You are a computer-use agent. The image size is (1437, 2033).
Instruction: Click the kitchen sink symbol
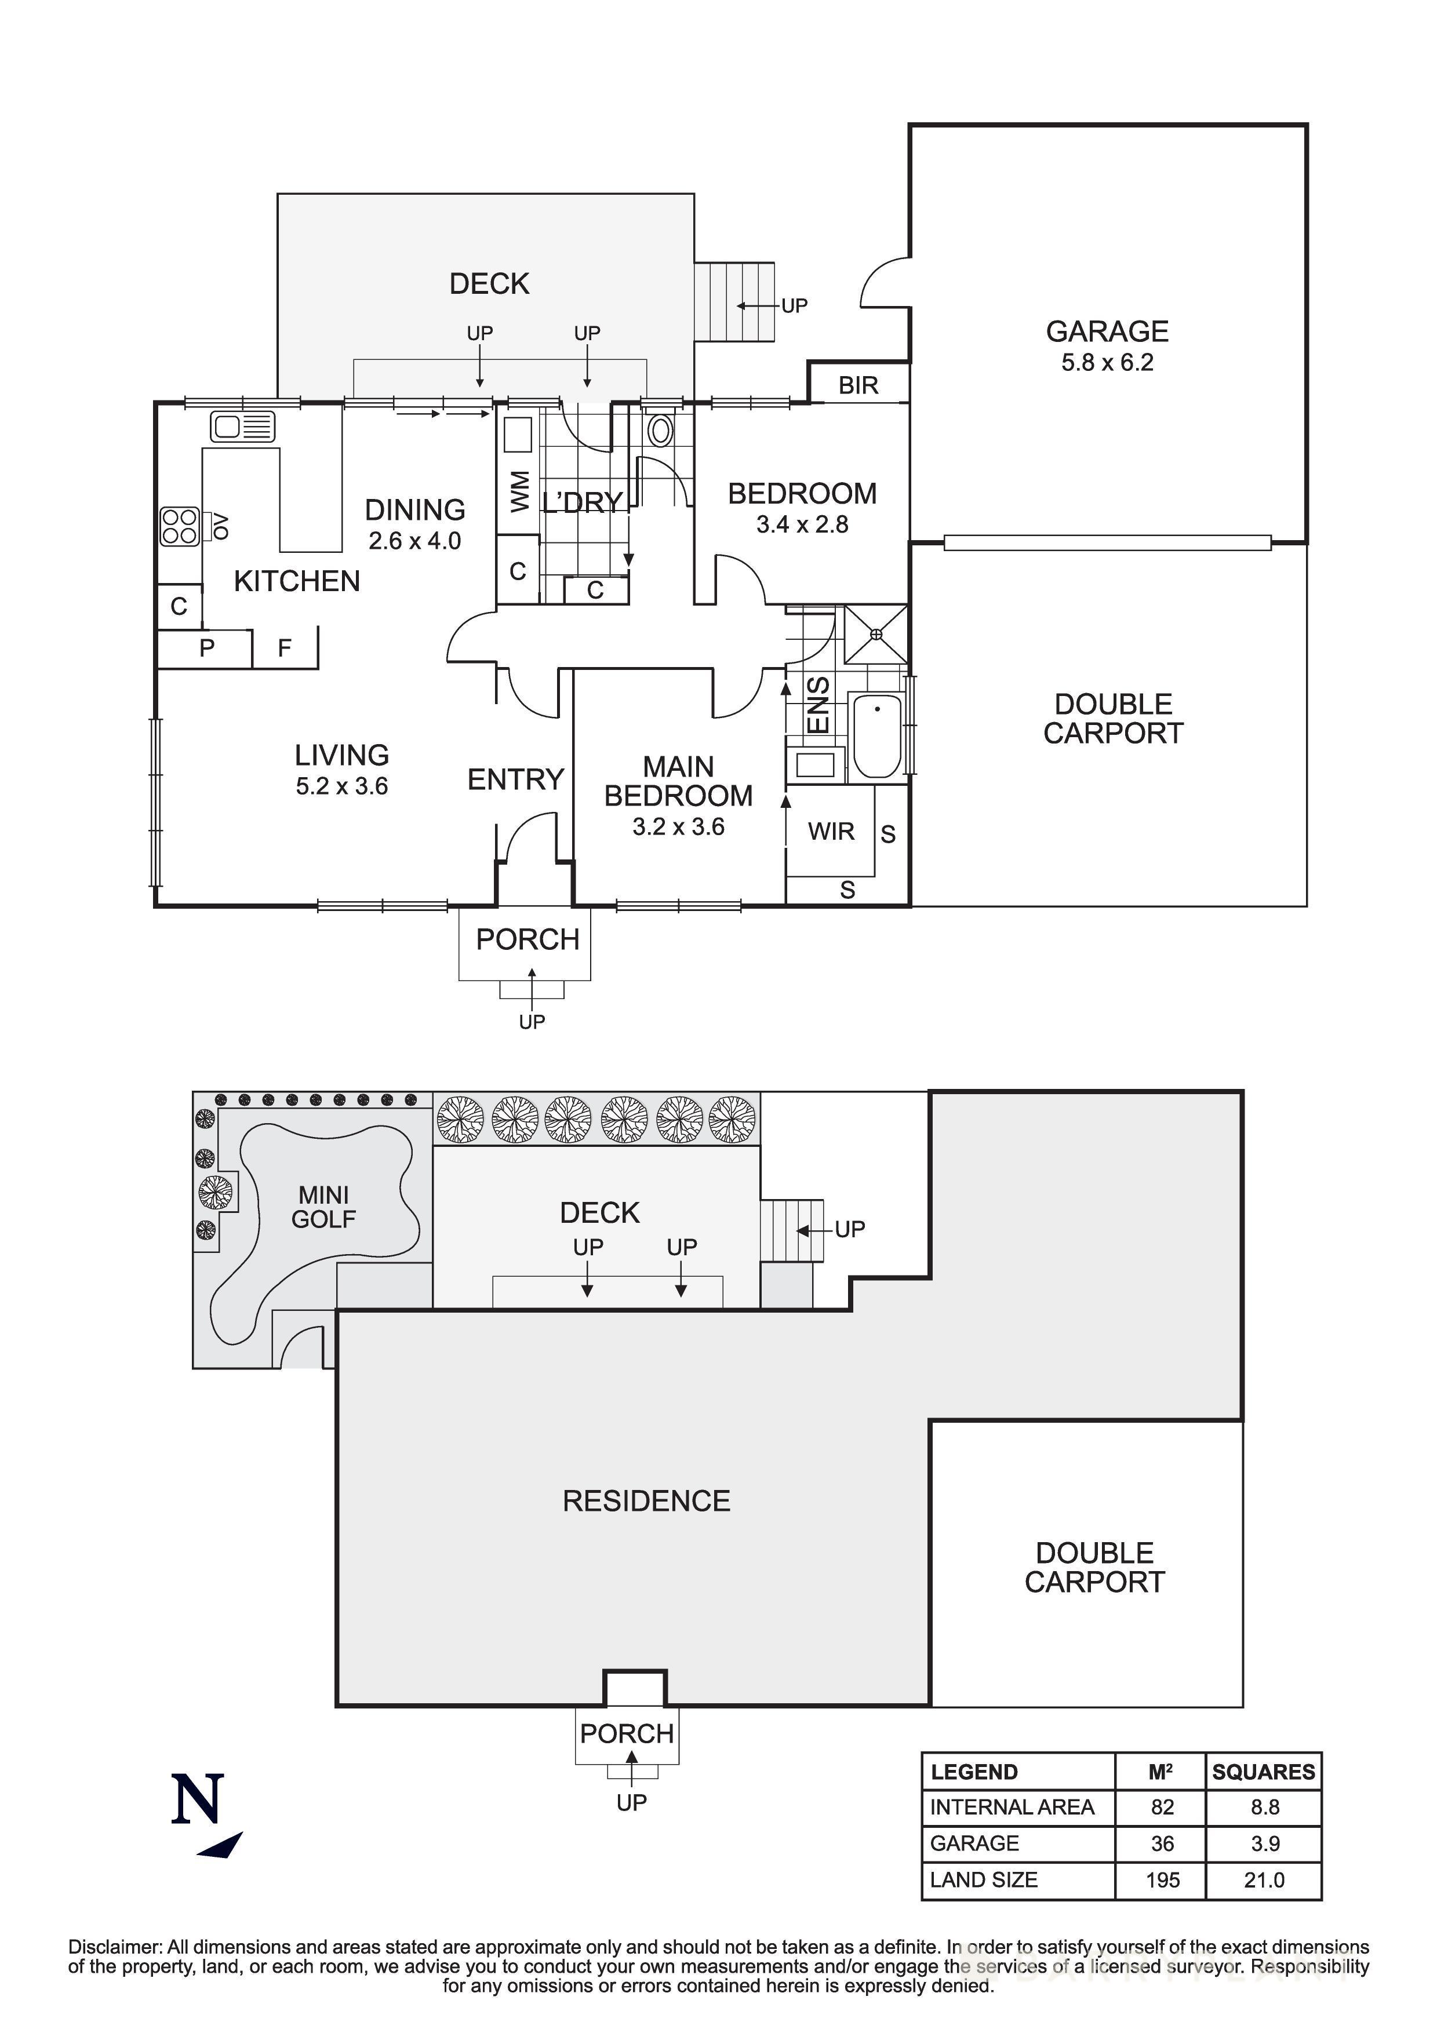pyautogui.click(x=242, y=428)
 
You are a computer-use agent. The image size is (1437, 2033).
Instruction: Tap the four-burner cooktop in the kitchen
pyautogui.click(x=180, y=526)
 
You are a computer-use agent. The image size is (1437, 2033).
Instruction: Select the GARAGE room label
pyautogui.click(x=1107, y=331)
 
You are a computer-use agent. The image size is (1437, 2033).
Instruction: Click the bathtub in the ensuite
pyautogui.click(x=876, y=736)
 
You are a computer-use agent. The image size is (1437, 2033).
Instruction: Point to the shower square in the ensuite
pyautogui.click(x=875, y=634)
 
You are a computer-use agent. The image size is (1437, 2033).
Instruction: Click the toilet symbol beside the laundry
pyautogui.click(x=660, y=431)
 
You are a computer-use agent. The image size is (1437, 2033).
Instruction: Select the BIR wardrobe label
pyautogui.click(x=858, y=385)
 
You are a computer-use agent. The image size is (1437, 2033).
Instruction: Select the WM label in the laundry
pyautogui.click(x=520, y=491)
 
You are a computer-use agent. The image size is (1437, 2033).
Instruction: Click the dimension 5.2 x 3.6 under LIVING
pyautogui.click(x=342, y=786)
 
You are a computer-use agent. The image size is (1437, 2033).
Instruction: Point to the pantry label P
pyautogui.click(x=206, y=648)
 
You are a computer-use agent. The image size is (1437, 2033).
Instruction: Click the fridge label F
pyautogui.click(x=284, y=648)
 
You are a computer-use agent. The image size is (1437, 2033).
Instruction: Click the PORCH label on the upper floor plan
pyautogui.click(x=527, y=939)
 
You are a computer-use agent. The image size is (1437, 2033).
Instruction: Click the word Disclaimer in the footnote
pyautogui.click(x=115, y=1947)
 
